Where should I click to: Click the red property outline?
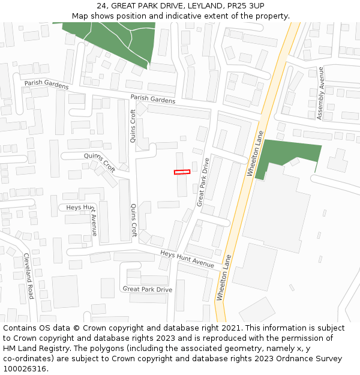coord(182,172)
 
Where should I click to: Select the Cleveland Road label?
coord(29,275)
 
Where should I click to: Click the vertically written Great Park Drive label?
coord(203,182)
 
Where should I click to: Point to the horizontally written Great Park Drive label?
coord(147,289)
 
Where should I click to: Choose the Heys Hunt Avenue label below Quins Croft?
coord(187,259)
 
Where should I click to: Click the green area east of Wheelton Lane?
coord(288,154)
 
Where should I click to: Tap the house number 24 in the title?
coord(101,6)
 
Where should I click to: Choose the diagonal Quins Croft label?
coord(100,162)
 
